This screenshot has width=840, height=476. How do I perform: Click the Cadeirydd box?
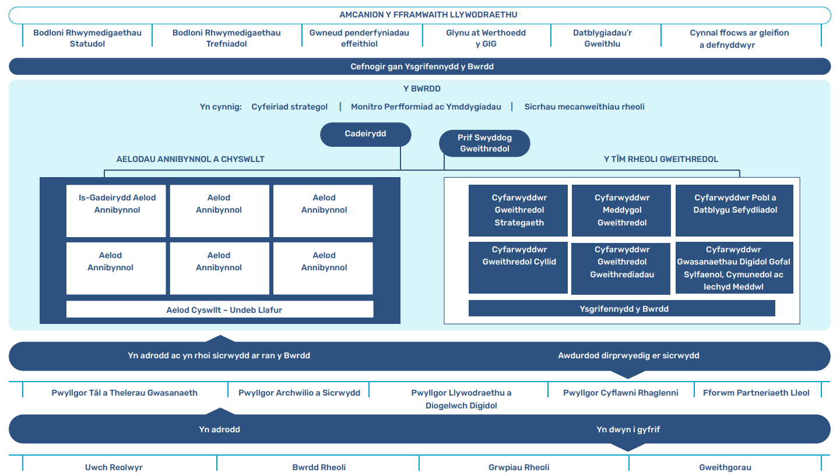pyautogui.click(x=365, y=134)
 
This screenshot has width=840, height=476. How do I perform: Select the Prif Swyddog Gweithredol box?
pyautogui.click(x=484, y=143)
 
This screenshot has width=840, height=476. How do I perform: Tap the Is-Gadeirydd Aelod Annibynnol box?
pyautogui.click(x=117, y=210)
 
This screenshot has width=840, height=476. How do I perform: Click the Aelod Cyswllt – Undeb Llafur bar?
pyautogui.click(x=220, y=309)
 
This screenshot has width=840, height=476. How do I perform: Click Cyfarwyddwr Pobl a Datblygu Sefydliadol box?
pyautogui.click(x=734, y=210)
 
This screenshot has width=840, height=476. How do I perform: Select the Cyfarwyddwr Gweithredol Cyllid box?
pyautogui.click(x=519, y=267)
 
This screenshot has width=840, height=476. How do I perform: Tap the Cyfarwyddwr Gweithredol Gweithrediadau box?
pyautogui.click(x=622, y=268)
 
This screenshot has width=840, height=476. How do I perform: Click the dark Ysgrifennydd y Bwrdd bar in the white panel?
pyautogui.click(x=621, y=309)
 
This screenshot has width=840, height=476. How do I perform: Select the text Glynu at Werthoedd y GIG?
pyautogui.click(x=486, y=38)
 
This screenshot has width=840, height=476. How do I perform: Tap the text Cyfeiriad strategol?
pyautogui.click(x=289, y=107)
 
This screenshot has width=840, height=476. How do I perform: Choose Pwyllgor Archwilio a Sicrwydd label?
pyautogui.click(x=299, y=393)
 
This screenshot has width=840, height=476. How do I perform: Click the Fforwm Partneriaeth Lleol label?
pyautogui.click(x=756, y=393)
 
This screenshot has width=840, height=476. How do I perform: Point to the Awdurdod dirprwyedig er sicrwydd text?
pyautogui.click(x=628, y=355)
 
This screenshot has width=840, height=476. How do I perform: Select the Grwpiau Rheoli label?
pyautogui.click(x=519, y=467)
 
